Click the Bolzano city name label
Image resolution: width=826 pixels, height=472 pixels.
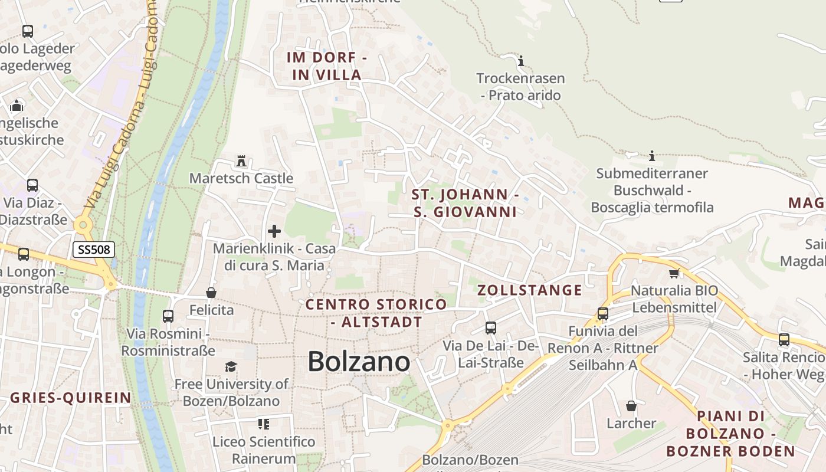pos(359,361)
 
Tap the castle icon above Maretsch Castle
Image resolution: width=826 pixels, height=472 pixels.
pos(241,160)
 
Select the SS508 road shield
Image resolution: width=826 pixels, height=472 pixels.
pos(93,250)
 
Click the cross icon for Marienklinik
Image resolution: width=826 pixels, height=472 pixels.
pos(274,231)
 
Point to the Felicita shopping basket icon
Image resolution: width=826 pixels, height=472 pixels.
pos(211,293)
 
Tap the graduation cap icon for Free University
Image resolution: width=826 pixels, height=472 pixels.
pos(231,367)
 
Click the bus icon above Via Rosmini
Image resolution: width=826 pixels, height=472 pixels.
pos(168,316)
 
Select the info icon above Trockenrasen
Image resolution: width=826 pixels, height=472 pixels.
pos(520,61)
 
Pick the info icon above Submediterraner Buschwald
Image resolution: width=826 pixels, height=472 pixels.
pos(652,156)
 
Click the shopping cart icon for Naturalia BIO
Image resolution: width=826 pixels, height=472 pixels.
pos(674,273)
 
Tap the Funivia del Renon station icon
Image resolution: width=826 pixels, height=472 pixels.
pos(603,314)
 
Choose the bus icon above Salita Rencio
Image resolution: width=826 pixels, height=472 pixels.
pos(784,340)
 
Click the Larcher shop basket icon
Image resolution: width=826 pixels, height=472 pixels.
pos(631,406)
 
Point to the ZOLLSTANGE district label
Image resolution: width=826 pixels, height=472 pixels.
pos(529,290)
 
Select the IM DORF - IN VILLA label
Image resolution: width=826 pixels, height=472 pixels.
pos(327,66)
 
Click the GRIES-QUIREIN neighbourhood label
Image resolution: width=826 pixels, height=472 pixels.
pos(71,398)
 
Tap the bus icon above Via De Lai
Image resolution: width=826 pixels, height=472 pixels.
pos(491,328)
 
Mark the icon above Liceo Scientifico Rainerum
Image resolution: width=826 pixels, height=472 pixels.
pos(263,424)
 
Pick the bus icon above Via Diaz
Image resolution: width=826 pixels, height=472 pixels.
pos(32,185)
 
